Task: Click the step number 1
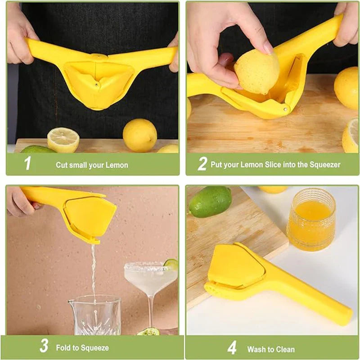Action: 27,163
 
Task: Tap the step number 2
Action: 202,163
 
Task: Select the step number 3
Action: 44,346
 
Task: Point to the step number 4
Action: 232,347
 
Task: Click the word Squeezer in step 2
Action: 325,165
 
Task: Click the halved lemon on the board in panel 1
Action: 63,140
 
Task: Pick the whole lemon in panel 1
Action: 140,135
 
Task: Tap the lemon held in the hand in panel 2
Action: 256,72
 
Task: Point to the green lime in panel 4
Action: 210,201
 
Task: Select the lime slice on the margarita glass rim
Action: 171,264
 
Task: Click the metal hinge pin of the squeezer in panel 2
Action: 285,109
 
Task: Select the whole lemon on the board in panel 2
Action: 346,88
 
